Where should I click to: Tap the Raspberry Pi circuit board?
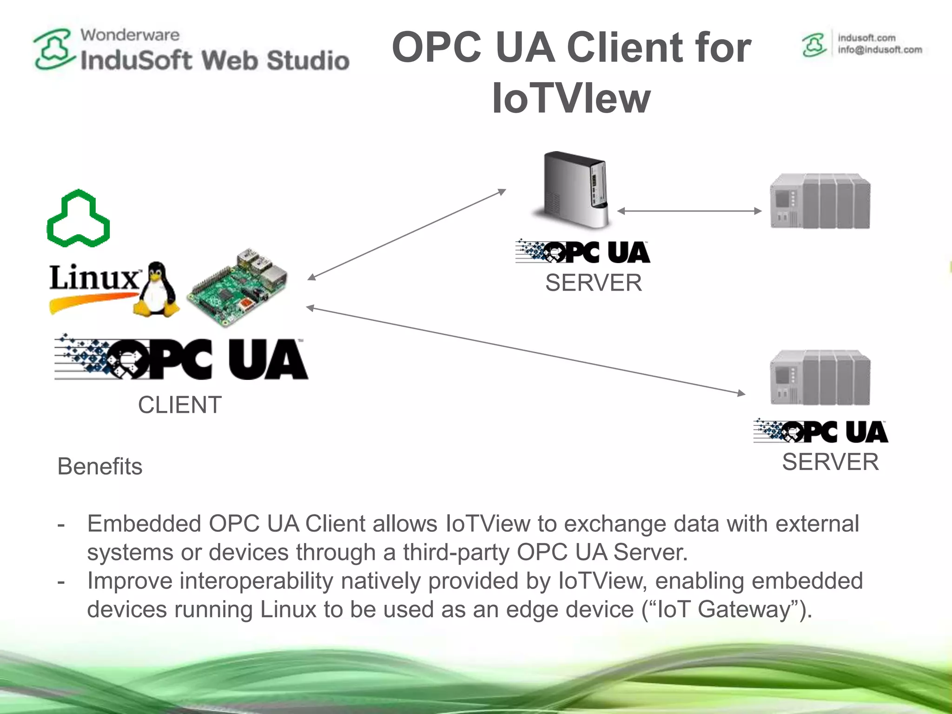(x=238, y=288)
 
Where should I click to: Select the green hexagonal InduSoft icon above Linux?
(x=79, y=218)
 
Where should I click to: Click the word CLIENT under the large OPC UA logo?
(x=179, y=405)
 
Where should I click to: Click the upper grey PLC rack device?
(x=820, y=201)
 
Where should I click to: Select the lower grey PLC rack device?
(x=820, y=377)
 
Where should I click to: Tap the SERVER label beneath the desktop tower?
(x=594, y=283)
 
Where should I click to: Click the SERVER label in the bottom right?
(x=830, y=462)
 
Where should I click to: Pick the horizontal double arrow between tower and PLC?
(x=689, y=211)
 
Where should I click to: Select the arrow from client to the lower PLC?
(x=525, y=350)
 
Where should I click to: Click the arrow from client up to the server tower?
(x=407, y=234)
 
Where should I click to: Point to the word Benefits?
(x=100, y=466)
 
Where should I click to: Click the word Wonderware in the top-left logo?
(x=130, y=35)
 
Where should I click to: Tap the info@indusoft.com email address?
(x=879, y=50)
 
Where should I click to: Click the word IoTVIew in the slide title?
(x=571, y=98)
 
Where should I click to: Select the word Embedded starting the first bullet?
(x=144, y=524)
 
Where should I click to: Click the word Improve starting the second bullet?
(x=130, y=581)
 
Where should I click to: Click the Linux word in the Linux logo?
(x=93, y=278)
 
